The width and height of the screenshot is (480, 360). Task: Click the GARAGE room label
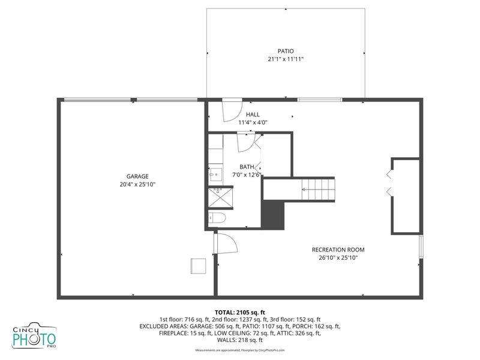pyautogui.click(x=137, y=176)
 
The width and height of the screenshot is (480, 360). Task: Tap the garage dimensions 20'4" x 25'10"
pyautogui.click(x=137, y=185)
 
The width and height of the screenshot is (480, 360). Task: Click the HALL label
pyautogui.click(x=253, y=114)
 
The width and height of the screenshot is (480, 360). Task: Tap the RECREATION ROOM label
pyautogui.click(x=338, y=250)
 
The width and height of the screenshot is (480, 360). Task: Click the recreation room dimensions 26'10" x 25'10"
pyautogui.click(x=338, y=259)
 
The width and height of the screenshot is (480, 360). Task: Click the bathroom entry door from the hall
pyautogui.click(x=248, y=141)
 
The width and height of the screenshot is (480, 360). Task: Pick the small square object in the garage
pyautogui.click(x=197, y=266)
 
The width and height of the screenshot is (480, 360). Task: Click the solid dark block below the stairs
pyautogui.click(x=272, y=214)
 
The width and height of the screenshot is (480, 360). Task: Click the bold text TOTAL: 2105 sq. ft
pyautogui.click(x=240, y=312)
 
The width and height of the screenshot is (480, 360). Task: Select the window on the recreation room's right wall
pyautogui.click(x=421, y=247)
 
